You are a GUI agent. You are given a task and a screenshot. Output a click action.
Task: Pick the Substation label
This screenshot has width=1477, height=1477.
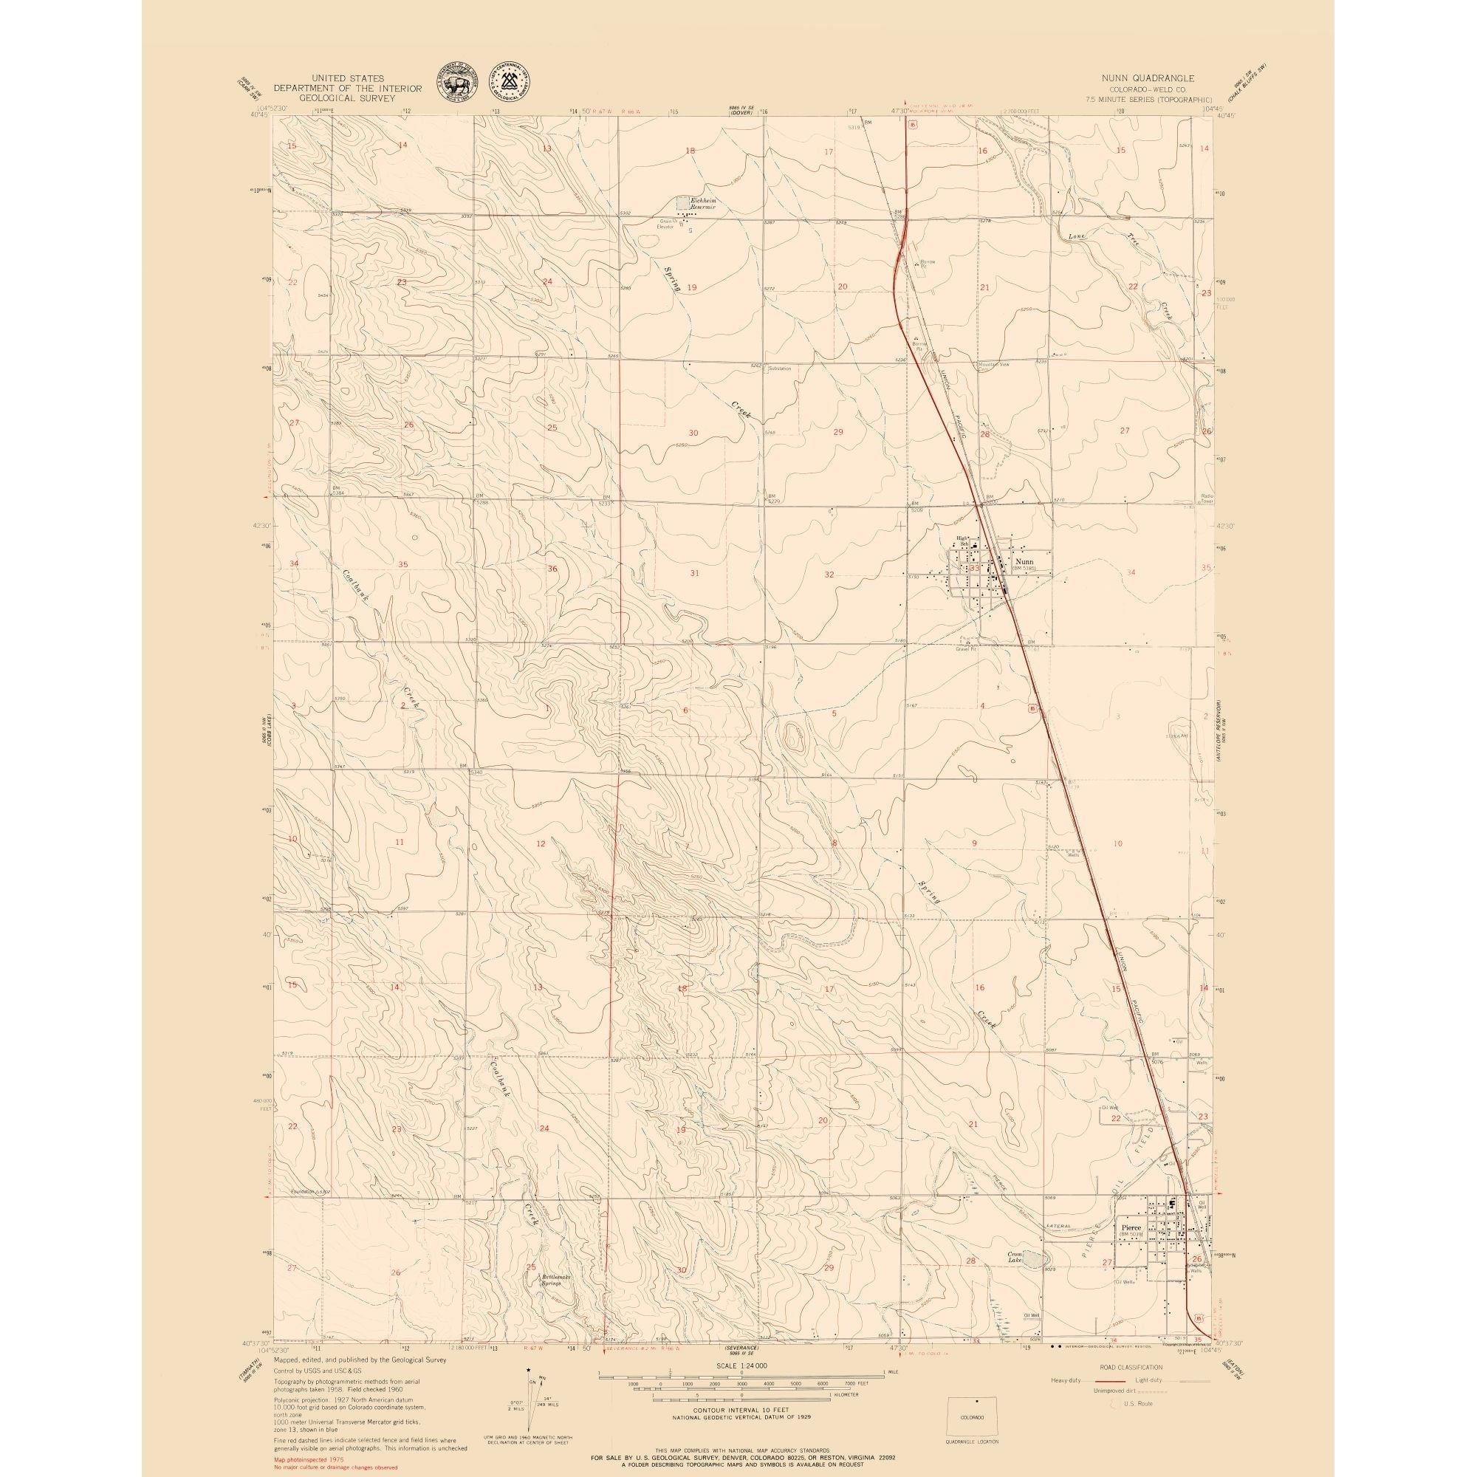pyautogui.click(x=780, y=368)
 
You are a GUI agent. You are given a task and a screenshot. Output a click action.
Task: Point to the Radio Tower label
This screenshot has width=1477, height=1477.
pyautogui.click(x=1207, y=498)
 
